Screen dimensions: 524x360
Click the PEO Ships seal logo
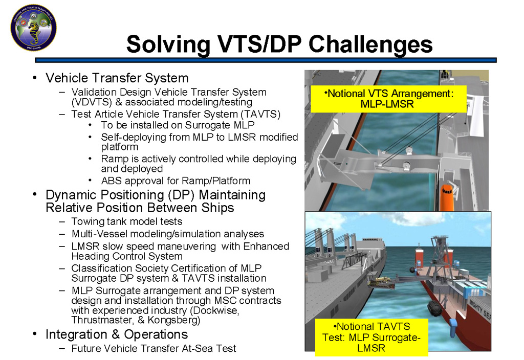pos(33,28)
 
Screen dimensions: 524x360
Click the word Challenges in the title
pos(370,44)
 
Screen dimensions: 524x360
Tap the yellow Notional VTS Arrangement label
pos(389,99)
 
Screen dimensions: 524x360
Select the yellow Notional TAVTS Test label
pos(372,337)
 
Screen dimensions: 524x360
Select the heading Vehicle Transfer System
pos(117,78)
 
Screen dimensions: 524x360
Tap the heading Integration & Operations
pos(117,334)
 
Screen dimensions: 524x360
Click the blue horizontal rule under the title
pos(266,60)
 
